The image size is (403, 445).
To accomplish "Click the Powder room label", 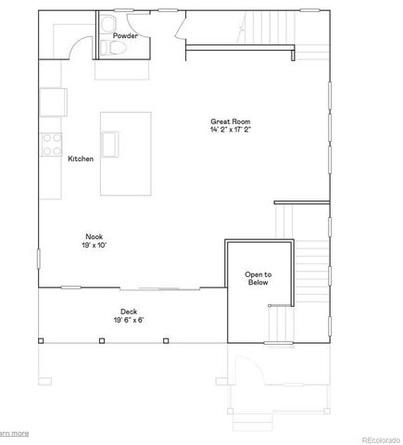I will [125, 36].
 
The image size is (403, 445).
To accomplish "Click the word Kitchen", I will [81, 159].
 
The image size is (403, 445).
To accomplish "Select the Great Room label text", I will [231, 122].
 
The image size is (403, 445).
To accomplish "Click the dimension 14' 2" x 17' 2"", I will [231, 131].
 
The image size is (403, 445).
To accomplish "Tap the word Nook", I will [94, 236].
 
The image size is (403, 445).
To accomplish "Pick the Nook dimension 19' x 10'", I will [94, 245].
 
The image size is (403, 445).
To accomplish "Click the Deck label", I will [128, 311].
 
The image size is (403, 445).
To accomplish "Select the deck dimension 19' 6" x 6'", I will [128, 320].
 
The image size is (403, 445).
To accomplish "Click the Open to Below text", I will [258, 278].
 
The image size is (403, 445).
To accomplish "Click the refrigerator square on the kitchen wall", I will [51, 101].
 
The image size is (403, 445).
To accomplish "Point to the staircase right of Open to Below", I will [312, 269].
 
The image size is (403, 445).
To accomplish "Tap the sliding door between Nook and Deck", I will [144, 286].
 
